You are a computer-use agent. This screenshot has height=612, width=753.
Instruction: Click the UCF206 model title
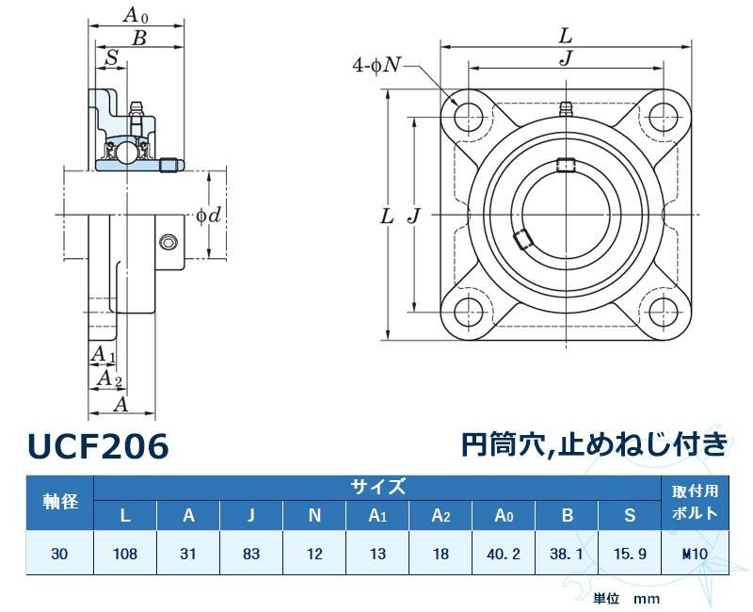point(98,446)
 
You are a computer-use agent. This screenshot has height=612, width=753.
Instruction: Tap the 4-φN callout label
point(377,65)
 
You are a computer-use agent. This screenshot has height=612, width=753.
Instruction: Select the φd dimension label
point(208,216)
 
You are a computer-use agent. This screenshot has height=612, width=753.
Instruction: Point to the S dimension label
point(111,57)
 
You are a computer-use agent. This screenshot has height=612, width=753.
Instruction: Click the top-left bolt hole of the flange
point(467,113)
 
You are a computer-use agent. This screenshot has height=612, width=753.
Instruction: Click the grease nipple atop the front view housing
point(565,107)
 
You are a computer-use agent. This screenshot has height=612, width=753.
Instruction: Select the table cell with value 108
point(125,555)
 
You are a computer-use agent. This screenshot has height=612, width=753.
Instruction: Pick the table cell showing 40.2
point(504,555)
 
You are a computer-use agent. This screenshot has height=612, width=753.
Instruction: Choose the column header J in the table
point(251,515)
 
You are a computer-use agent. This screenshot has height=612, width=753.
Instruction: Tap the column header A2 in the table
point(441,515)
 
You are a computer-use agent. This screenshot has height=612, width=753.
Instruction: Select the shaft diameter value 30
point(60,555)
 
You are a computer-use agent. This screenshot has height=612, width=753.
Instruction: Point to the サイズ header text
point(377,487)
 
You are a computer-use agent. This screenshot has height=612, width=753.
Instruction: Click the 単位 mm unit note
point(626,598)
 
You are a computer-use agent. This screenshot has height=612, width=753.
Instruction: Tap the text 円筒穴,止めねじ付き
point(594,443)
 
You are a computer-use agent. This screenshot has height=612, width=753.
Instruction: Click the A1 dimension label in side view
point(102,354)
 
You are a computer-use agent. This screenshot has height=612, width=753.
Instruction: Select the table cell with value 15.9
point(630,555)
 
